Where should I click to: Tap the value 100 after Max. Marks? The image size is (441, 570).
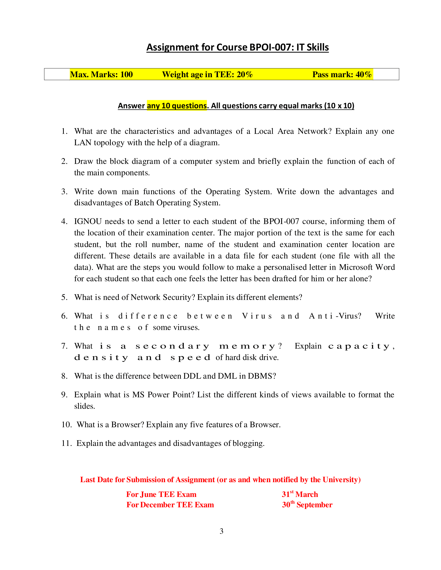tap(126, 75)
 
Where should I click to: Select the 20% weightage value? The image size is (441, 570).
tap(245, 75)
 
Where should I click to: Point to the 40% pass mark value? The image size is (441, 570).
tap(363, 75)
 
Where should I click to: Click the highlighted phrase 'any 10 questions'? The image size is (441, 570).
tap(177, 106)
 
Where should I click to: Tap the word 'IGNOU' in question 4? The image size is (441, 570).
tap(88, 222)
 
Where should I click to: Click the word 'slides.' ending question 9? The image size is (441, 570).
tap(84, 406)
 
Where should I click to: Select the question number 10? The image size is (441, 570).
tap(66, 425)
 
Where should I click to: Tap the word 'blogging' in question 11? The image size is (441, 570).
tap(248, 443)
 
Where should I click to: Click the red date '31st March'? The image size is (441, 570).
tap(300, 494)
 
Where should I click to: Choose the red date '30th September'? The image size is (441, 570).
tap(307, 505)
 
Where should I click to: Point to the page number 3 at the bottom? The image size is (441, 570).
tap(221, 531)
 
